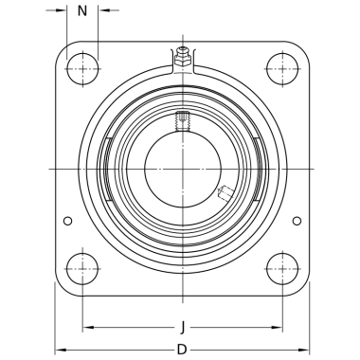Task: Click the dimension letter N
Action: coord(82,11)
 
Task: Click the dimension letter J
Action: coord(183,327)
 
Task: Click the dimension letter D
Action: coord(182,350)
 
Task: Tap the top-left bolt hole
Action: coord(82,69)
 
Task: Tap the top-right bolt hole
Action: coord(282,69)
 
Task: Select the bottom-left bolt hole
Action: coord(82,269)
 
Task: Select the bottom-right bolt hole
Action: coord(282,269)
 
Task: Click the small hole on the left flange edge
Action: coord(68,221)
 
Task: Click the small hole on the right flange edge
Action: coord(297,221)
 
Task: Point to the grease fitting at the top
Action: coord(183,57)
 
